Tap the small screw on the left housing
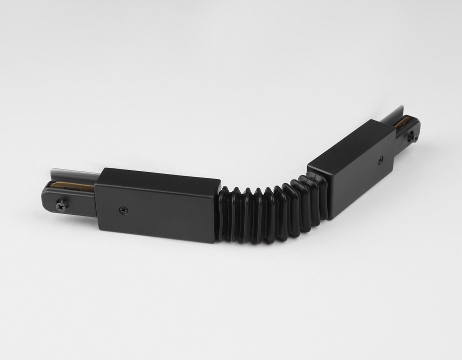[x=122, y=209]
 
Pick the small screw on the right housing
[x=381, y=161]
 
